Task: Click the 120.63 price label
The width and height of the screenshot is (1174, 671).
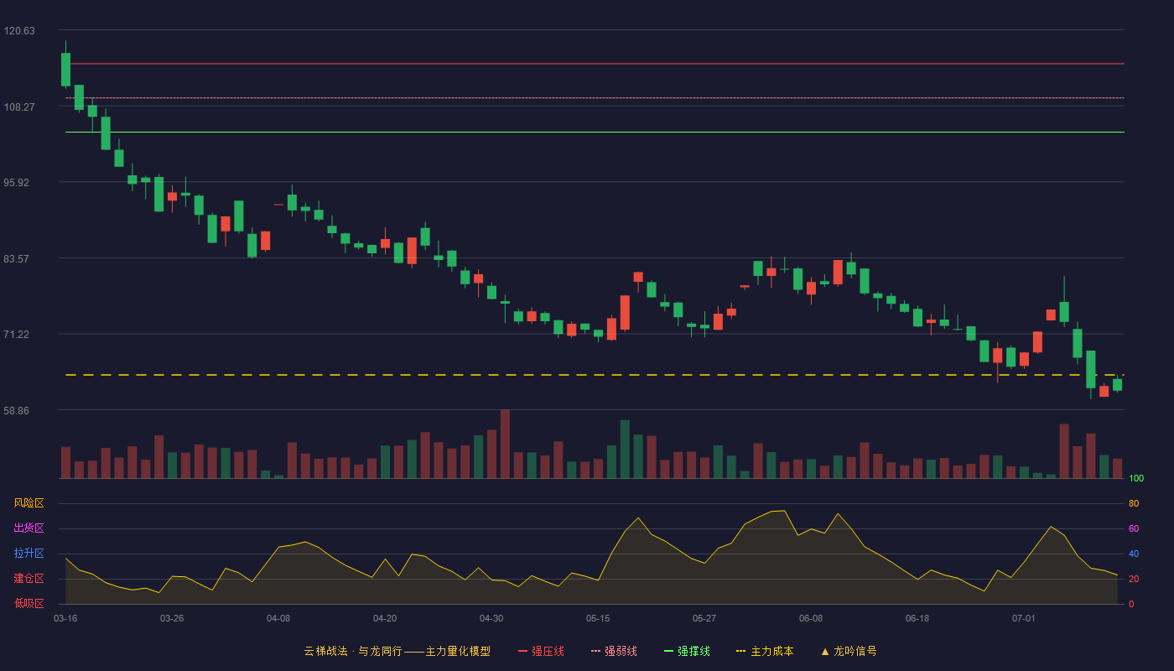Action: point(19,31)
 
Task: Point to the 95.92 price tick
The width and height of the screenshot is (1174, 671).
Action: point(17,183)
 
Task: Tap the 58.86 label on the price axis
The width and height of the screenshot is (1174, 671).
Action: point(17,410)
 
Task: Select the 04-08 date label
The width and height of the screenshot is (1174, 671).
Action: point(278,619)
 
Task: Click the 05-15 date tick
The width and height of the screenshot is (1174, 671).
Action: point(598,619)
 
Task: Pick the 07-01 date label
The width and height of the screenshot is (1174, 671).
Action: point(1024,619)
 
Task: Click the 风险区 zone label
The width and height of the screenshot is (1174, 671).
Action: point(29,503)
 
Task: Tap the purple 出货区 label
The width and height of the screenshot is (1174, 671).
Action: point(29,528)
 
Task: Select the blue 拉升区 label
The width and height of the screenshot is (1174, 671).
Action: point(29,553)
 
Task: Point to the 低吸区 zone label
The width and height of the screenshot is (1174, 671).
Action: point(29,603)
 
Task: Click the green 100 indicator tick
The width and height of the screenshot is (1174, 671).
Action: point(1136,478)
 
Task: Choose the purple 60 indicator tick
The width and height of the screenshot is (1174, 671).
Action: point(1134,528)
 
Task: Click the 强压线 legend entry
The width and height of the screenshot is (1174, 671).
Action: point(541,651)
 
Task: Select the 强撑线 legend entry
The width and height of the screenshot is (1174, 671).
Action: point(687,651)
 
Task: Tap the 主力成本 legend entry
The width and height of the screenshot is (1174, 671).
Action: point(765,651)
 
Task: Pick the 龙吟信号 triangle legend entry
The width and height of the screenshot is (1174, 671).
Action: point(849,651)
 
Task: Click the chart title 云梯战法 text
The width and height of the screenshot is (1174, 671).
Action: point(326,651)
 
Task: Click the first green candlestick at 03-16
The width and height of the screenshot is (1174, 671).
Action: point(65,69)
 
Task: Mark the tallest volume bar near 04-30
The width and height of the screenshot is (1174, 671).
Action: point(505,444)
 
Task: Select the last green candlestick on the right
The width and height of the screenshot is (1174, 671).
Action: point(1117,385)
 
